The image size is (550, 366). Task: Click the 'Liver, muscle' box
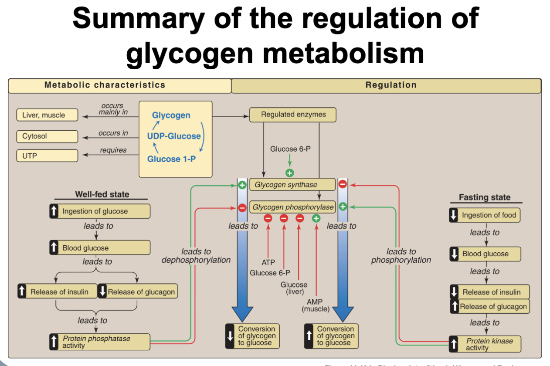(47, 115)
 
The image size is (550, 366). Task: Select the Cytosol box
(47, 136)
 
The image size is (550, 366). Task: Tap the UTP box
(47, 156)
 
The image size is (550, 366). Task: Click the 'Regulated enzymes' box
(293, 115)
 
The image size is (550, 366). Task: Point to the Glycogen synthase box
(292, 185)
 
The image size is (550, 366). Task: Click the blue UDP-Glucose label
(174, 136)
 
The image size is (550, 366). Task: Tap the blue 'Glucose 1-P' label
(171, 159)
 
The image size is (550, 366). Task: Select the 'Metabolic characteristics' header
(105, 85)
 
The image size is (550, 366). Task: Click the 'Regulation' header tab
(390, 85)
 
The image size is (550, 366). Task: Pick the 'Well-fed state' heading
(102, 194)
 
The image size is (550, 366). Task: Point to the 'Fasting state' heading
(484, 197)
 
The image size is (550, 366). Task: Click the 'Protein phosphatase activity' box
(100, 342)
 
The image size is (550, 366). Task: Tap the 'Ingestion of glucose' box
(100, 211)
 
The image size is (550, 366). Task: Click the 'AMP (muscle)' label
(316, 305)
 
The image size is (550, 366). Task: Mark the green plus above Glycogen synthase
(289, 173)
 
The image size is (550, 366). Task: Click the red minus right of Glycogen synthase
(343, 184)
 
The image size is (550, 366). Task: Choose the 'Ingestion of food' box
(485, 215)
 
